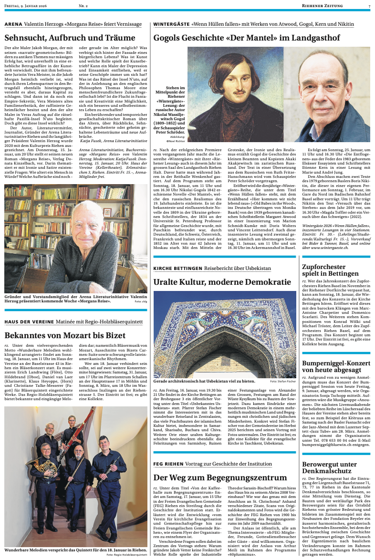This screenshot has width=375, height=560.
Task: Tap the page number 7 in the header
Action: [x=369, y=6]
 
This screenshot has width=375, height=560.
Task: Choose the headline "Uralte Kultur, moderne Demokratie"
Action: [x=222, y=282]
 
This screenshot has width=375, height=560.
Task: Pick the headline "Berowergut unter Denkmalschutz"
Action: [x=329, y=467]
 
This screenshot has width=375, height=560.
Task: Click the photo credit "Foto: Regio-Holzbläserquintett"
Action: [x=127, y=555]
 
